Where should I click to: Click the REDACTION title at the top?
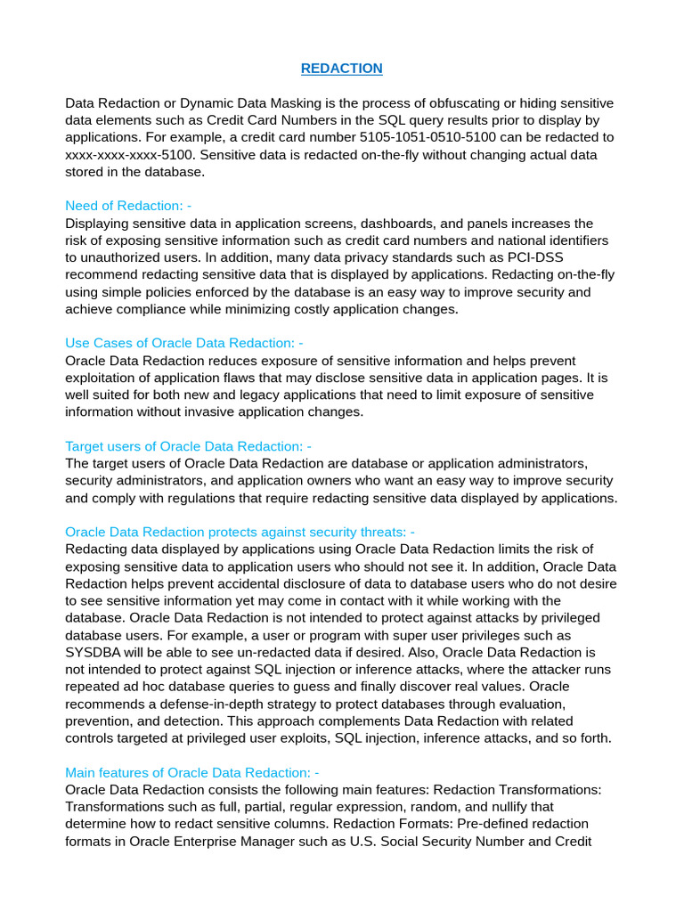point(342,69)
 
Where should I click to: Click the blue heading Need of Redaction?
point(128,206)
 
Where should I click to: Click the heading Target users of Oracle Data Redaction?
point(188,446)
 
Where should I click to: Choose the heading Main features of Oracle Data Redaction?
point(191,772)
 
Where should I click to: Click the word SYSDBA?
point(94,652)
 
